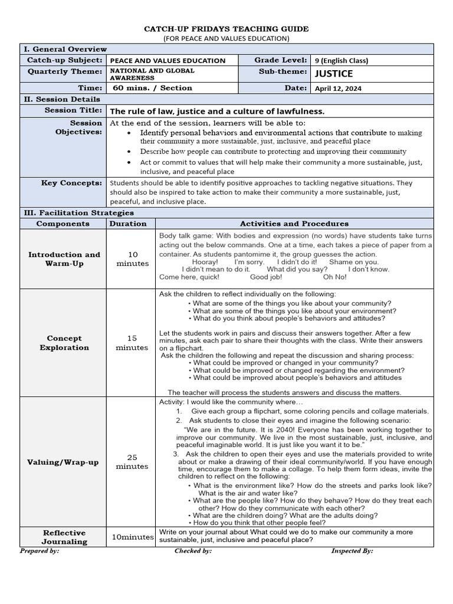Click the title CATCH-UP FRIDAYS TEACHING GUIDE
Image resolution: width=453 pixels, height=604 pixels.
coord(226,29)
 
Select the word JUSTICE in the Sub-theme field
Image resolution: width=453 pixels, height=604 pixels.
coord(334,74)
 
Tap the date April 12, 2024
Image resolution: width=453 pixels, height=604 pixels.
coord(339,88)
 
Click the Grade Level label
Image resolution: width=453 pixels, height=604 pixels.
coord(280,60)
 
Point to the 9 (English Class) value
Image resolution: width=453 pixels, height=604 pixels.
coord(342,60)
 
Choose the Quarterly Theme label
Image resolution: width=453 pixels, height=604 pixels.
coord(65,71)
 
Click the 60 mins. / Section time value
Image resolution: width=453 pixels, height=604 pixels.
coord(153,88)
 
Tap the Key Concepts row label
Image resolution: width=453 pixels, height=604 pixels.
coord(71,183)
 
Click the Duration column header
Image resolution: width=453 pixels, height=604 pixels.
coord(127,224)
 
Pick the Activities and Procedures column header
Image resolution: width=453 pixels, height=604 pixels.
coord(294,224)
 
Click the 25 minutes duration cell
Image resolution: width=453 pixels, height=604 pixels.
coord(132,462)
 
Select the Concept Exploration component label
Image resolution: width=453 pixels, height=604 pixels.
coord(64,343)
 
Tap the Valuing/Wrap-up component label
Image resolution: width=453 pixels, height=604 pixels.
coord(63,462)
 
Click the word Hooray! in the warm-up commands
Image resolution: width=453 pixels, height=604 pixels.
coord(205,262)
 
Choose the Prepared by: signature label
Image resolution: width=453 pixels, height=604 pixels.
coord(40,550)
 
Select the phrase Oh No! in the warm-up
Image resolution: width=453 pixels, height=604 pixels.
coord(335,277)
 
